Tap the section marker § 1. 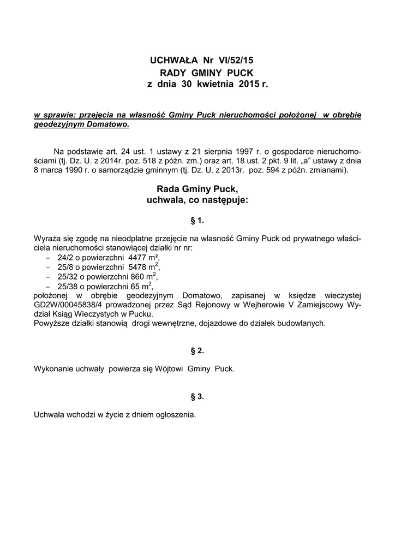coord(197,221)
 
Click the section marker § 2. coord(197,350)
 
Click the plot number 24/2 coord(66,257)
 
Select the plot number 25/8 coord(66,267)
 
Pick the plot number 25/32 coord(68,276)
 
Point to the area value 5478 coord(139,267)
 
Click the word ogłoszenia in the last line coord(174,415)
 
